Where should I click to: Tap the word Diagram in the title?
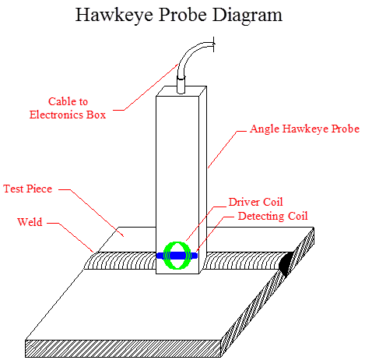247,16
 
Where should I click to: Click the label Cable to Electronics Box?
68,108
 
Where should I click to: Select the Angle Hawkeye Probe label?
305,129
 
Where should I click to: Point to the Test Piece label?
27,189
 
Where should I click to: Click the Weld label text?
30,222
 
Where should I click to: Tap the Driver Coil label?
255,202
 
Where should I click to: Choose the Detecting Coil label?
272,216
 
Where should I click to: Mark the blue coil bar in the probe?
177,256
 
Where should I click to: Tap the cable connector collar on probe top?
181,85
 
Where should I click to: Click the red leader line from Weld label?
70,238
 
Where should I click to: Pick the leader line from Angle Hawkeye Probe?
227,150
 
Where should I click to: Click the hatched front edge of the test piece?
123,348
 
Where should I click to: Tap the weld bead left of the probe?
121,261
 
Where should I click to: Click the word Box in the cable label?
96,115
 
